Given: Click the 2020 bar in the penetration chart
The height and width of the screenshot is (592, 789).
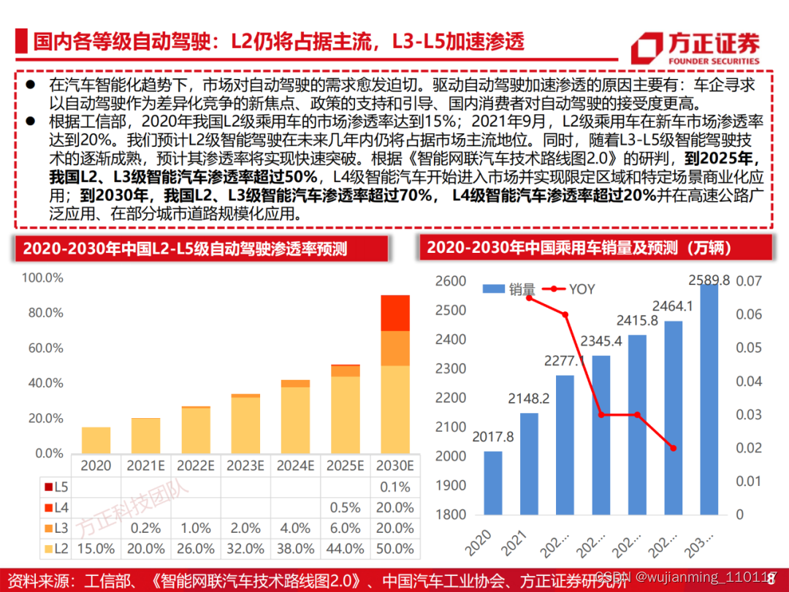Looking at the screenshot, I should pyautogui.click(x=96, y=440).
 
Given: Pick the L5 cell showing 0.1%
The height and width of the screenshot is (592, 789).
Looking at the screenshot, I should pyautogui.click(x=395, y=487).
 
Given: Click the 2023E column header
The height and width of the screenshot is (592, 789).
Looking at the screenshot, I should pyautogui.click(x=245, y=466).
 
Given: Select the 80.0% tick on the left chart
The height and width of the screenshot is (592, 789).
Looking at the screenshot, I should pyautogui.click(x=43, y=313).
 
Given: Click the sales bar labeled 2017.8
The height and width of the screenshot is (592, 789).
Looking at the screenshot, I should pyautogui.click(x=493, y=483).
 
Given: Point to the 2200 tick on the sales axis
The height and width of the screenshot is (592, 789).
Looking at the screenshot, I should pyautogui.click(x=450, y=398).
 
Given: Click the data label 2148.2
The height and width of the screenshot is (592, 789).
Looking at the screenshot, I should pyautogui.click(x=530, y=399).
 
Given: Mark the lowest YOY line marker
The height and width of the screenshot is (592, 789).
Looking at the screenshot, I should pyautogui.click(x=673, y=448).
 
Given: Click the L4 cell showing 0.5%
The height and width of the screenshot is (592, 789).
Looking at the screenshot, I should pyautogui.click(x=345, y=508).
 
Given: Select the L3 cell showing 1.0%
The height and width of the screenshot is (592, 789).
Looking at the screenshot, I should pyautogui.click(x=196, y=528).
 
